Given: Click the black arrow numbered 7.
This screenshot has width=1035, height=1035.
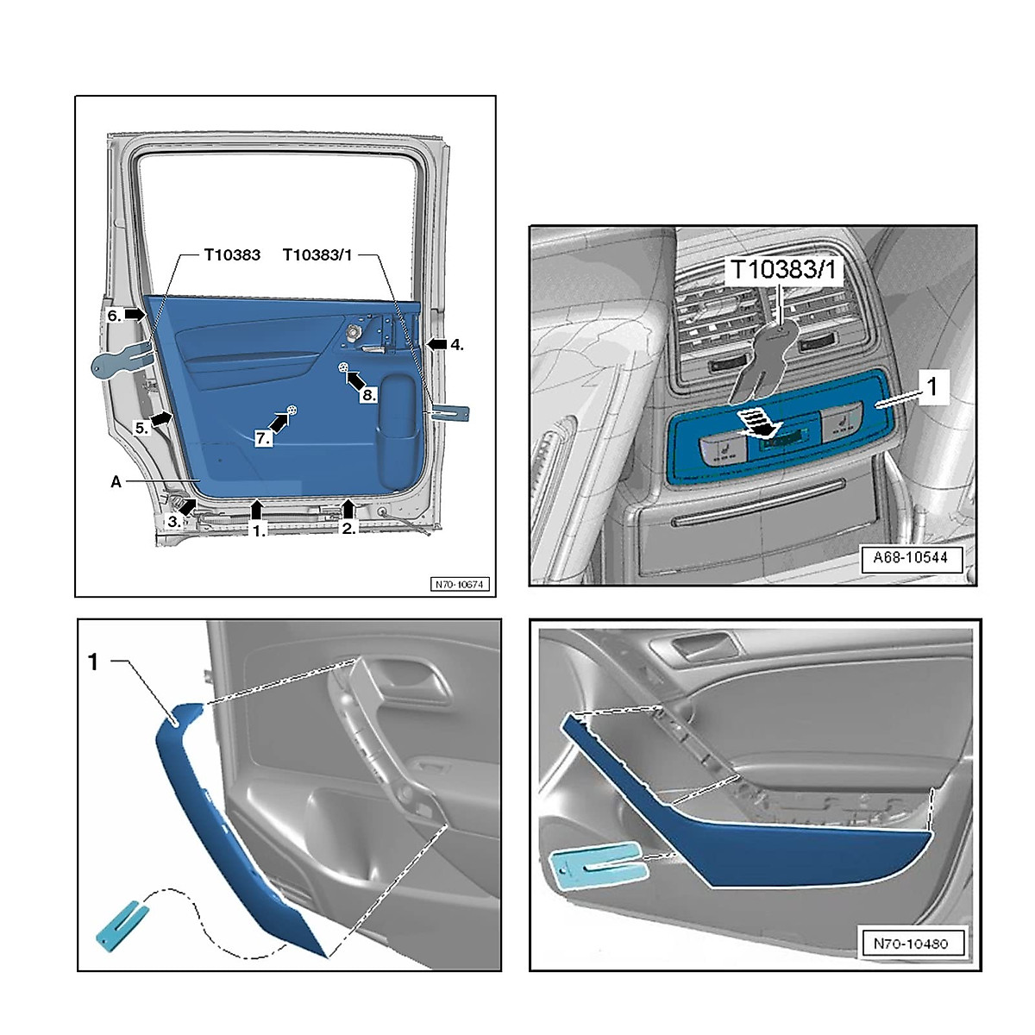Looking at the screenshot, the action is [x=279, y=423].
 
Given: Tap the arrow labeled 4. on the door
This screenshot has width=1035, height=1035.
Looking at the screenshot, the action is [x=436, y=344].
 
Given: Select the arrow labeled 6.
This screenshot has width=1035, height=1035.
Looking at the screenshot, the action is [x=135, y=315].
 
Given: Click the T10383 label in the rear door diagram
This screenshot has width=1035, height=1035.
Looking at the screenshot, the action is [x=232, y=255].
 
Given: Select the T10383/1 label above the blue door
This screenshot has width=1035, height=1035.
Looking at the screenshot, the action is [x=317, y=255].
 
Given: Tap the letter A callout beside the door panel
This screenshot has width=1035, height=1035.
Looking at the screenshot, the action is [x=116, y=482].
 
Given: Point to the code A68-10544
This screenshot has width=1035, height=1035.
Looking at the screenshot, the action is [x=910, y=557].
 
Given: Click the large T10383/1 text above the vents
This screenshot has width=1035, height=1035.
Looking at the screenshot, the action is [x=783, y=270].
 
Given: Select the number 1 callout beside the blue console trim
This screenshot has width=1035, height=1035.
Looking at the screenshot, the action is [x=931, y=387].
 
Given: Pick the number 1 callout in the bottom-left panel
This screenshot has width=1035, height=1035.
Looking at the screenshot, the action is [x=93, y=662].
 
